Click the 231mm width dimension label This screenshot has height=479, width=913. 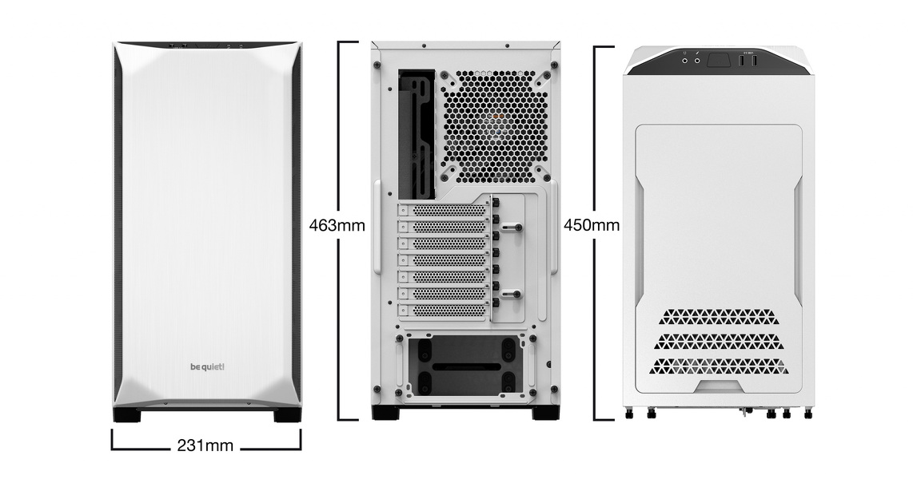(x=205, y=445)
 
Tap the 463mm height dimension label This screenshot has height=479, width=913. (x=337, y=225)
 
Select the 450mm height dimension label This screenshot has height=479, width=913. (x=592, y=225)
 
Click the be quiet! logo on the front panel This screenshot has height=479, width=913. (x=207, y=366)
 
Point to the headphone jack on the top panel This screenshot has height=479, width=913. (x=685, y=59)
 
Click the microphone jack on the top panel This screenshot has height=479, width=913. (x=696, y=59)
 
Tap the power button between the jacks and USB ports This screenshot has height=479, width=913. (x=719, y=60)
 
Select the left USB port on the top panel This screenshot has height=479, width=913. (x=743, y=60)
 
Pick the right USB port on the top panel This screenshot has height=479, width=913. (x=753, y=60)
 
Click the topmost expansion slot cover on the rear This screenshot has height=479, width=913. (x=444, y=210)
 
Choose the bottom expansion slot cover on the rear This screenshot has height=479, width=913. (x=444, y=311)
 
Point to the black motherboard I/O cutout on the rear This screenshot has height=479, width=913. (x=417, y=134)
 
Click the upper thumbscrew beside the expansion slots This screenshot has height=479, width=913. (x=511, y=227)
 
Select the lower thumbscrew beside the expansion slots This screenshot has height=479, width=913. (x=511, y=294)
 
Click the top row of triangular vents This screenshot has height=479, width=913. (x=719, y=317)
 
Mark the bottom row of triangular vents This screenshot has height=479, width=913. (x=719, y=366)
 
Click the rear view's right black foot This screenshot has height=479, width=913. (x=545, y=413)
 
